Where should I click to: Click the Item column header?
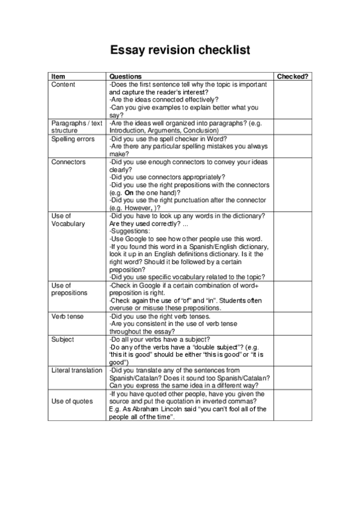tap(58, 77)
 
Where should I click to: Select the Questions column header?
tap(125, 77)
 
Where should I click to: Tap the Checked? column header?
tap(293, 77)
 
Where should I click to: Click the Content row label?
tap(63, 85)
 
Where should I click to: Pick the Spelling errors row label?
tap(72, 138)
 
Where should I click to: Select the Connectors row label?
tap(68, 162)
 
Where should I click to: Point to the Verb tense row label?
tap(67, 316)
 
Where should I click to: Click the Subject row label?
tap(63, 339)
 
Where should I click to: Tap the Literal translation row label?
tap(77, 370)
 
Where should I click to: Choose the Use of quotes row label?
tap(70, 401)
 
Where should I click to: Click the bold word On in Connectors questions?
tap(129, 193)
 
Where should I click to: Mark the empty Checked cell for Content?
tap(293, 100)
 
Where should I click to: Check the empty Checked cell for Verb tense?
tap(293, 324)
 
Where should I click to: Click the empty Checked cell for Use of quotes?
tap(293, 405)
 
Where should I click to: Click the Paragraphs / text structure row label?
tap(77, 126)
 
